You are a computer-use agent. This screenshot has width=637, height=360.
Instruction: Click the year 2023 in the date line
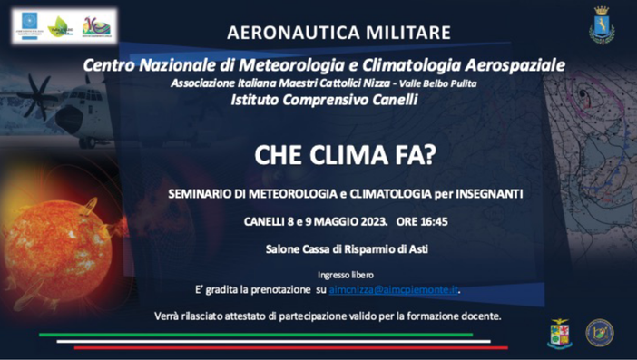click(x=373, y=221)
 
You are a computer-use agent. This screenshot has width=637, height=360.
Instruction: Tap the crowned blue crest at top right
click(x=601, y=25)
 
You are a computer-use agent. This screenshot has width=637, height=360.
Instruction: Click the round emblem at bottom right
click(x=599, y=333)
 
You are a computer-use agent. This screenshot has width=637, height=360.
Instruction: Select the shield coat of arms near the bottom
click(x=559, y=333)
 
